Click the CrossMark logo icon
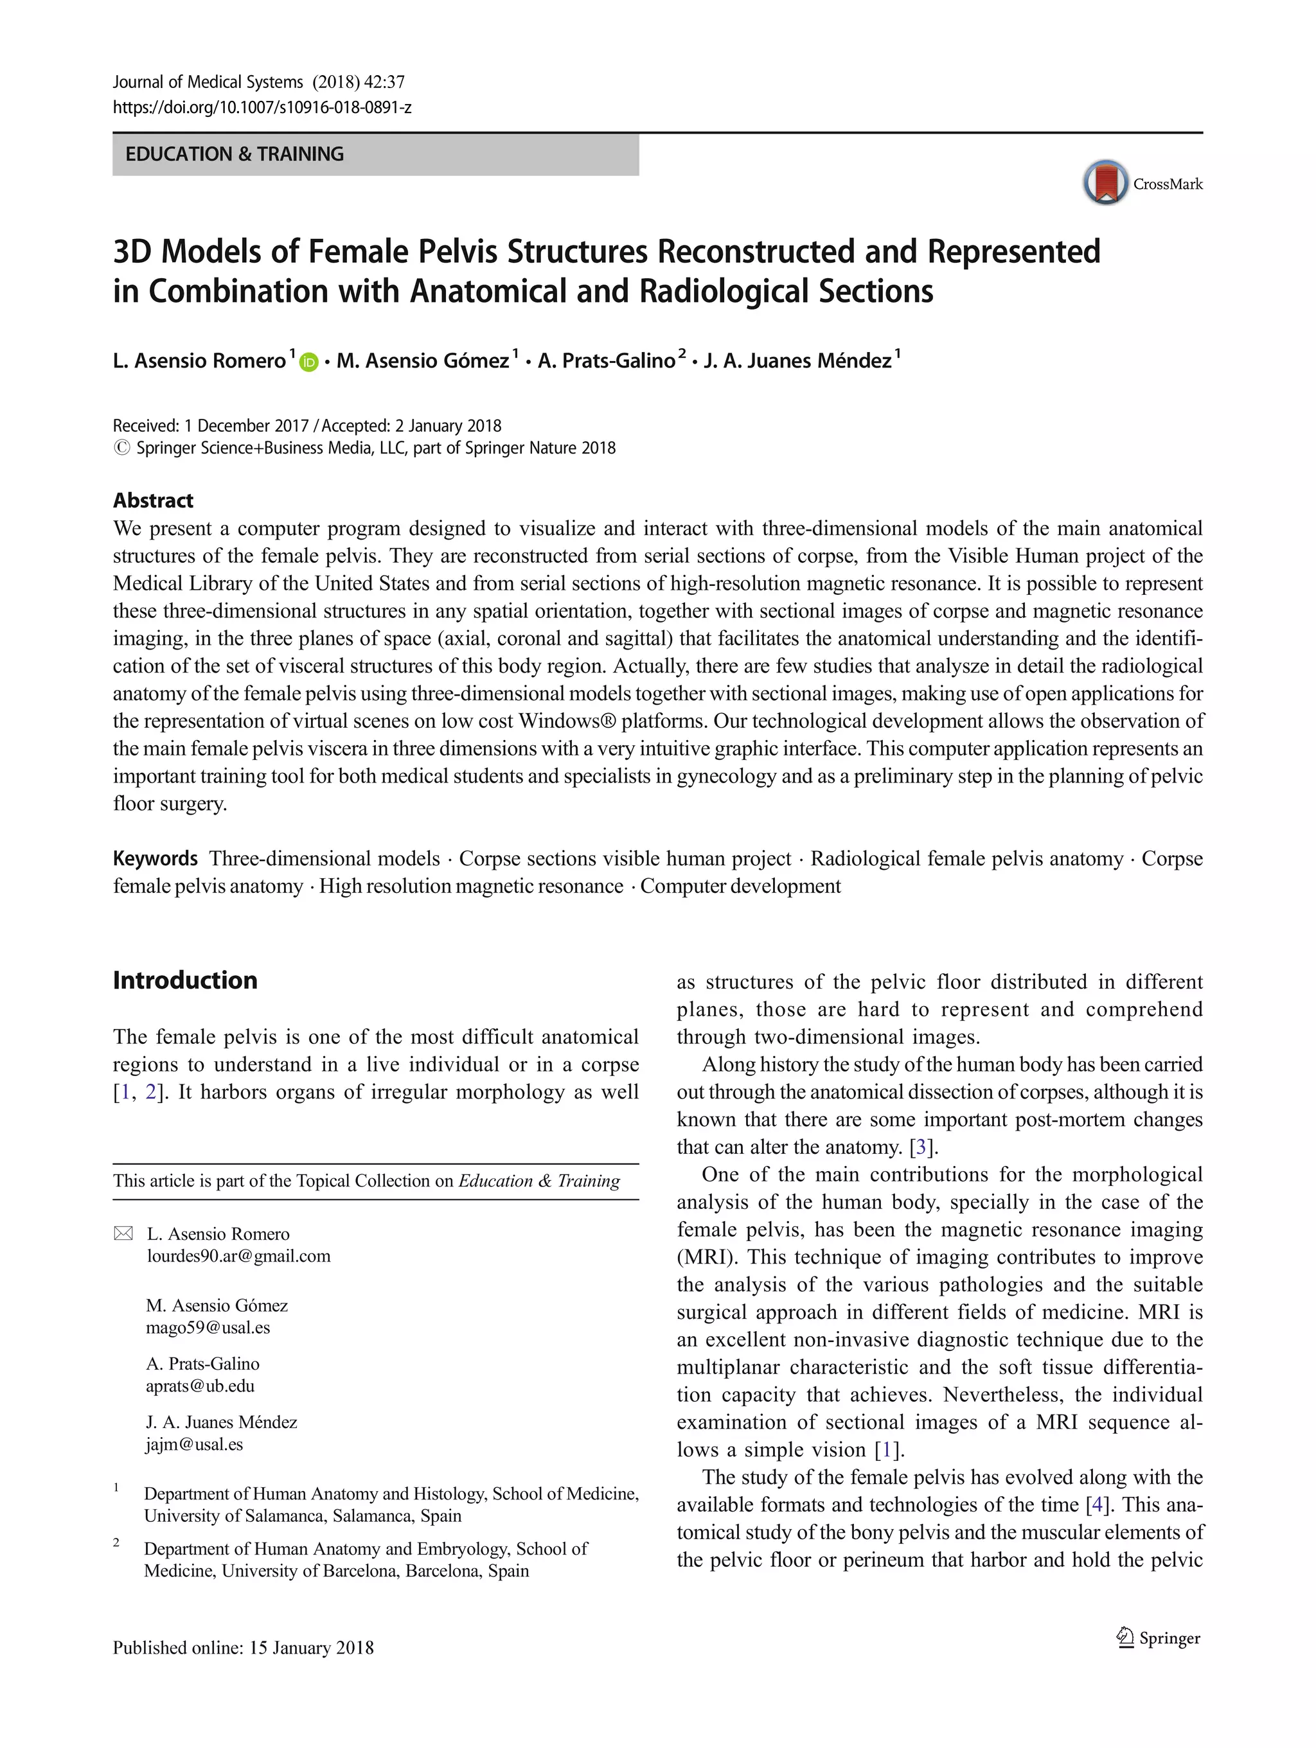coord(1105,182)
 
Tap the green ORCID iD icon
coord(309,362)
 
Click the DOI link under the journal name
coord(262,107)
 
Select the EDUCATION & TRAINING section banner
coord(375,154)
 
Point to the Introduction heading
coord(185,980)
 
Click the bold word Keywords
coord(155,858)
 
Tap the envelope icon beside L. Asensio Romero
coord(123,1233)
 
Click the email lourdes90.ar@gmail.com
coord(238,1256)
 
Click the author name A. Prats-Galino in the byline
coord(606,361)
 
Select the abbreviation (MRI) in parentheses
coord(707,1257)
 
